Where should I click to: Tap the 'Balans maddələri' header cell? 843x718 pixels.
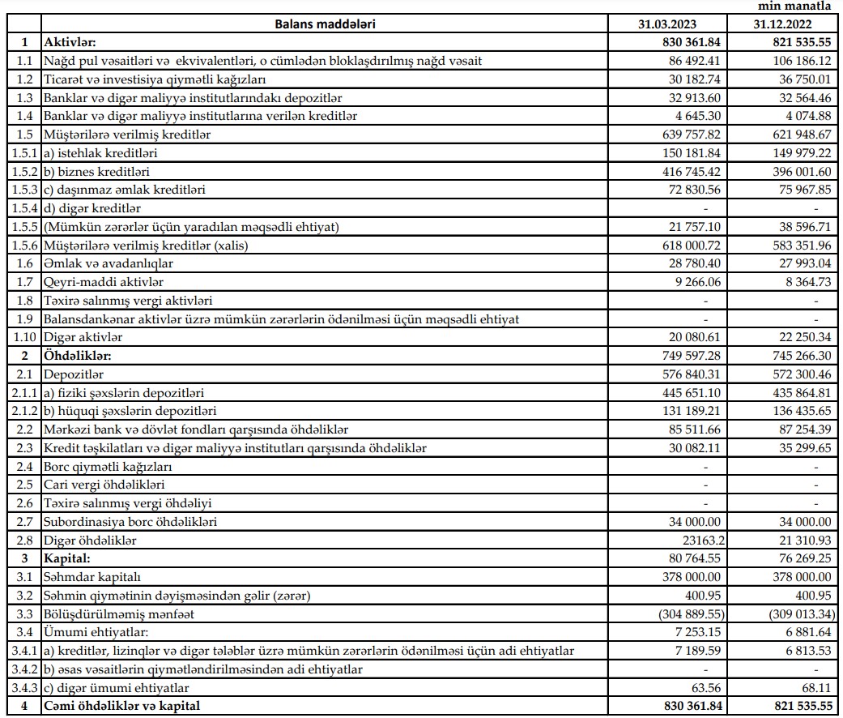323,24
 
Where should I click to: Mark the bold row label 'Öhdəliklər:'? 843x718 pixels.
78,356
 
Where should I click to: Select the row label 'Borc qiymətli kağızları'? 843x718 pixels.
108,467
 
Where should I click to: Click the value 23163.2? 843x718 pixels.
696,541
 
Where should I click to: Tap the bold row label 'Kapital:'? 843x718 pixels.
68,558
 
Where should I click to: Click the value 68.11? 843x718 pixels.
814,687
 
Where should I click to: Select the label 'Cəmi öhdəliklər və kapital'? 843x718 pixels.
122,706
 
